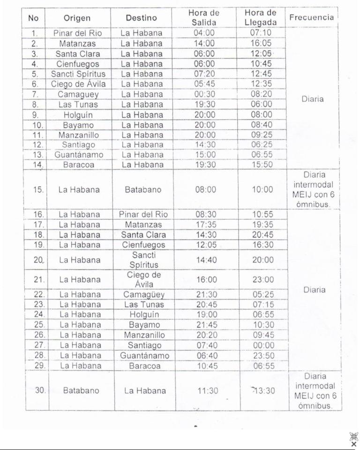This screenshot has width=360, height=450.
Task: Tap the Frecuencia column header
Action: pyautogui.click(x=312, y=18)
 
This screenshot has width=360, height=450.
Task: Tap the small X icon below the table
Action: pyautogui.click(x=353, y=444)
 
